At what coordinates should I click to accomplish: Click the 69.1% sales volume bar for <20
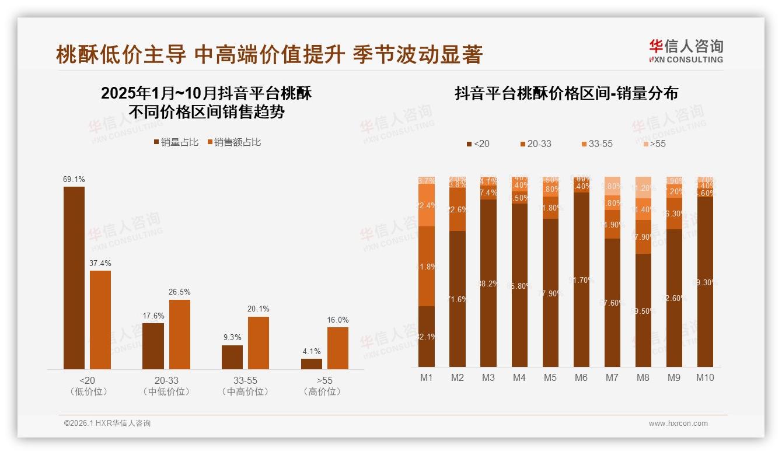coord(74,278)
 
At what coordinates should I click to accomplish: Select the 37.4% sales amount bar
coord(100,320)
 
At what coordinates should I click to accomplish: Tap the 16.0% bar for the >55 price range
coord(338,348)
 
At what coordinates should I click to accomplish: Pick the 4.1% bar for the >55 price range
coord(312,363)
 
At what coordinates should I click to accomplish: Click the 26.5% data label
coord(180,292)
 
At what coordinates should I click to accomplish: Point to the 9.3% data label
coord(232,337)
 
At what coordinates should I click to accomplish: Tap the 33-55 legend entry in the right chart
coord(597,143)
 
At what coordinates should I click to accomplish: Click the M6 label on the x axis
coord(581,378)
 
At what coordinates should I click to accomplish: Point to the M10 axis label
coord(705,378)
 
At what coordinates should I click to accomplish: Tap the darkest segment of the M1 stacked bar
coord(427,337)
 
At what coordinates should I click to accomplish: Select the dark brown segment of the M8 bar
coord(643,310)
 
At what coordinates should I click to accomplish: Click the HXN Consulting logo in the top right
coord(686,51)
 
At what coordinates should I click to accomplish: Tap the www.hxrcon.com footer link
coord(678,423)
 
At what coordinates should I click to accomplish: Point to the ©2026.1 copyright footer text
coord(107,423)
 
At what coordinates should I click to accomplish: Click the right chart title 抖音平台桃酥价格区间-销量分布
coord(566,93)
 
